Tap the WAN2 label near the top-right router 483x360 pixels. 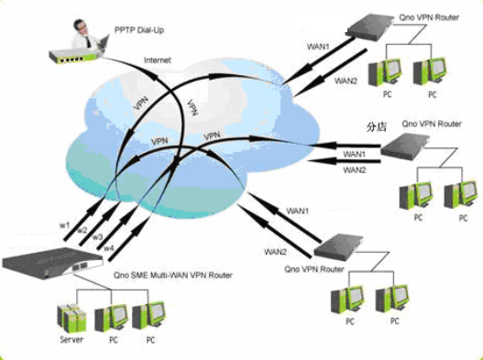coord(346,81)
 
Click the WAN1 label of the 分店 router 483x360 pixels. coord(354,153)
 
